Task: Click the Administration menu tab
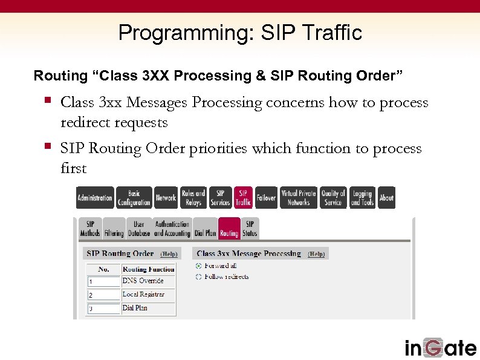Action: pos(95,198)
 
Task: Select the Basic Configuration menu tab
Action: pos(134,198)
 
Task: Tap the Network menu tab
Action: pos(166,198)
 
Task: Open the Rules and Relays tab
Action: pos(193,198)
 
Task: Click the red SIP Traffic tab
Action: pos(243,198)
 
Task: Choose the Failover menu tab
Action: pos(266,198)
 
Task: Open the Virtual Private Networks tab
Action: pos(299,198)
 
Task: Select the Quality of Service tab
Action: pos(333,198)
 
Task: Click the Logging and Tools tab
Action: pos(362,198)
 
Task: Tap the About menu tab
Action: pos(386,198)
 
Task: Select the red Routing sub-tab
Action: pos(229,228)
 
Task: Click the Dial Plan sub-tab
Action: pos(205,228)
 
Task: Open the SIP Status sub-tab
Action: pos(250,228)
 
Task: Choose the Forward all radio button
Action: pos(198,266)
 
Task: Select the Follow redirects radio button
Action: pos(198,277)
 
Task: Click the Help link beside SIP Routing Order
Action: pos(169,254)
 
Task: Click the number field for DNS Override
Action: pos(103,281)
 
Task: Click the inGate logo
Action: pos(440,347)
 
